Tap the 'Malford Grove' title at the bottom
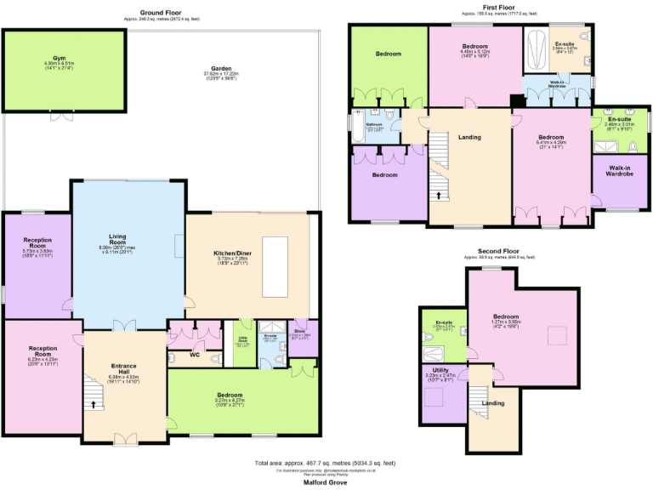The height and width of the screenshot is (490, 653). click(x=325, y=481)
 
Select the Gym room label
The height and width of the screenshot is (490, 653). click(x=59, y=58)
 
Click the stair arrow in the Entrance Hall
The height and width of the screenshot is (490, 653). click(x=94, y=405)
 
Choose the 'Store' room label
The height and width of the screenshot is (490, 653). click(x=302, y=332)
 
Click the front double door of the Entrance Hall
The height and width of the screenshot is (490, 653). click(x=125, y=439)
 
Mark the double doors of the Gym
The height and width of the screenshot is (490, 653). click(x=60, y=115)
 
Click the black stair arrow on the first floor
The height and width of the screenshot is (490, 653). click(x=439, y=195)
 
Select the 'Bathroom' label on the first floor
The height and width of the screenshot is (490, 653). click(x=375, y=125)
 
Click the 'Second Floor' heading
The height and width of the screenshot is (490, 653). click(x=500, y=253)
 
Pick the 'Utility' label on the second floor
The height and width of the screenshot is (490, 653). click(x=440, y=371)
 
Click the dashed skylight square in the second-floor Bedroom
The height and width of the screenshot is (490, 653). click(x=560, y=332)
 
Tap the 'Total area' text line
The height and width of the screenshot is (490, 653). click(x=325, y=463)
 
